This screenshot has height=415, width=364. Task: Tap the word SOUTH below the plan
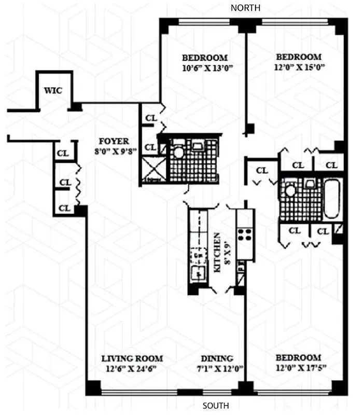215,406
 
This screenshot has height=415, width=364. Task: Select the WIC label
53,90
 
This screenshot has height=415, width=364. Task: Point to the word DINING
217,358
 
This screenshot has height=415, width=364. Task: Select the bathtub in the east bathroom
332,199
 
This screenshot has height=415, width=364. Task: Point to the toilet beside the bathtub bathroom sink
290,190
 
